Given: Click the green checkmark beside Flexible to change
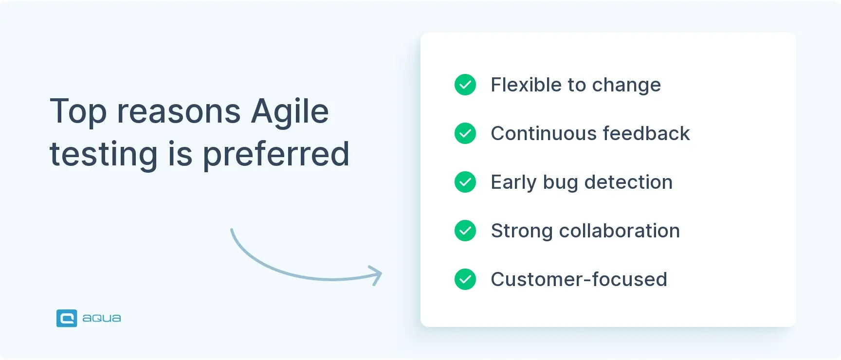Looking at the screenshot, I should click(x=465, y=85).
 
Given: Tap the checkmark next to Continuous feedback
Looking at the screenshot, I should click(x=465, y=133).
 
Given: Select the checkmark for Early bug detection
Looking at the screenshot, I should click(x=465, y=182).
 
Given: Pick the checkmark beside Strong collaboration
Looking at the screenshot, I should click(x=465, y=231).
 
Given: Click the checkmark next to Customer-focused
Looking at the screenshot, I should click(x=465, y=279).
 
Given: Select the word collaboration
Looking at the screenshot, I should click(x=619, y=231).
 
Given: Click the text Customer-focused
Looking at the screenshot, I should click(x=579, y=279).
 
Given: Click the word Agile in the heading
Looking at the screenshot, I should click(x=290, y=112).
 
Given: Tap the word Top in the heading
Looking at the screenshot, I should click(x=78, y=112).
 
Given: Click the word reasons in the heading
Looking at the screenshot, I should click(x=179, y=112).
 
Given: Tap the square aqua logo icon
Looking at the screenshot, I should click(x=67, y=318).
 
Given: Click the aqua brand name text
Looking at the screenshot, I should click(x=101, y=318).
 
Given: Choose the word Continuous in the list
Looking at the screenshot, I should click(x=543, y=133).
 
